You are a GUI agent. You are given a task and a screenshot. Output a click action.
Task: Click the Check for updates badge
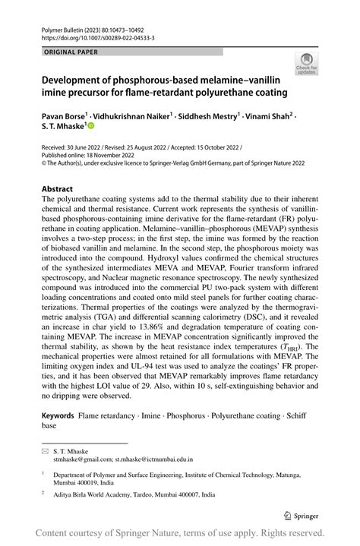(307, 65)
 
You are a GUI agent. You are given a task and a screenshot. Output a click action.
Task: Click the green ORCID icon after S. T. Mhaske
(90, 128)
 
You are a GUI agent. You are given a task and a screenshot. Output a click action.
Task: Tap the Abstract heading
(57, 188)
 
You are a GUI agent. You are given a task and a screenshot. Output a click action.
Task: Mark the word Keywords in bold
(58, 415)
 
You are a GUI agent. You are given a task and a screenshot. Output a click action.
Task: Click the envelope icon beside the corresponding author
(45, 451)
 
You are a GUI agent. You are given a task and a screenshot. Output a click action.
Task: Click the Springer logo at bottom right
(301, 515)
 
